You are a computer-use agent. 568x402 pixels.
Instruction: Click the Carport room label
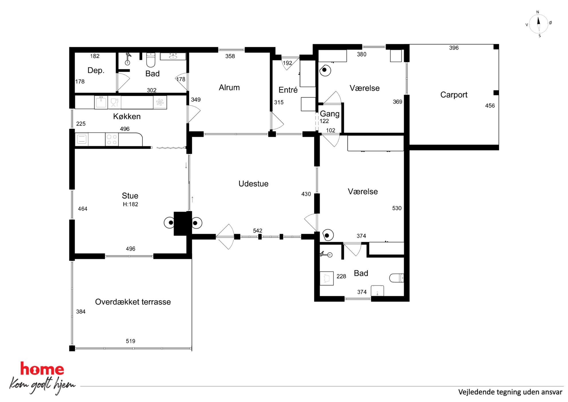point(454,95)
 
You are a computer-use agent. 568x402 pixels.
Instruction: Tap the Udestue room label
point(253,184)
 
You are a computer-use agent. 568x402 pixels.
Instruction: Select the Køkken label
point(127,116)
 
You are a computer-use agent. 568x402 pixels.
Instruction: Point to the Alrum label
point(229,87)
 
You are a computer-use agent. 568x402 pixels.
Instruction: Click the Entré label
point(288,90)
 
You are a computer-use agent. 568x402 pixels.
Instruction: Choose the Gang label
point(330,114)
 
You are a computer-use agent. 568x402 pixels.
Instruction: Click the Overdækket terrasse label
point(133,302)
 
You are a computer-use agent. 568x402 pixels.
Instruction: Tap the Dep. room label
point(96,70)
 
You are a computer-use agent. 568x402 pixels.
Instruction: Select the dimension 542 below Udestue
point(258,231)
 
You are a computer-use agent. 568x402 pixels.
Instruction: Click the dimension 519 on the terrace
point(131,341)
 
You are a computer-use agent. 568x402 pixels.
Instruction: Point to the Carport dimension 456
point(490,106)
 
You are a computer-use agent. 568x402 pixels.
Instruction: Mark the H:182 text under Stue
point(131,204)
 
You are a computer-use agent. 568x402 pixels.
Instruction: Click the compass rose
point(539,24)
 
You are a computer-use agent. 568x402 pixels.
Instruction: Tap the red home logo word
point(42,369)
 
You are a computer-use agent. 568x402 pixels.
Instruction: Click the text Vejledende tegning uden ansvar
point(510,392)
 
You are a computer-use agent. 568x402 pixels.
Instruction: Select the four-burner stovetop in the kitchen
point(112,140)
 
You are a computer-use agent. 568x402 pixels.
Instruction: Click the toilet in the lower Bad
point(397,278)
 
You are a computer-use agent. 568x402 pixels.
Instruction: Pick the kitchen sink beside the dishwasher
point(101,102)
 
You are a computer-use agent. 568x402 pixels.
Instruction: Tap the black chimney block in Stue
point(183,223)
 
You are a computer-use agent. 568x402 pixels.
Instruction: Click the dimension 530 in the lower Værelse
point(397,208)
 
